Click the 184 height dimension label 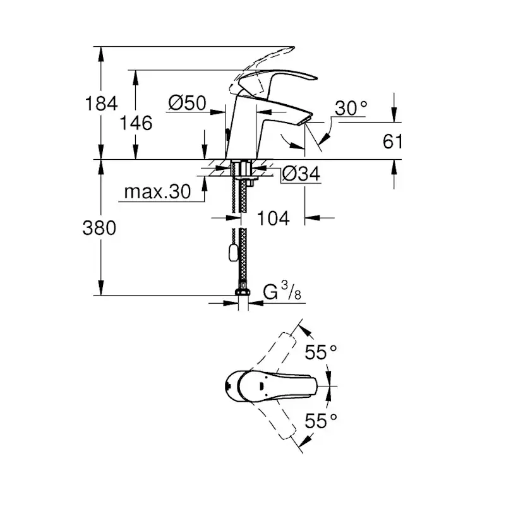(101, 103)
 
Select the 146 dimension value (137, 123)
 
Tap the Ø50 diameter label (188, 103)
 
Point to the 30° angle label (351, 108)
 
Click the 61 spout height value (392, 141)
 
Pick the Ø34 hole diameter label (300, 173)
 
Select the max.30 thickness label (157, 192)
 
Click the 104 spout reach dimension (274, 218)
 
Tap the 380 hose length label (100, 228)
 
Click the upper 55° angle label (321, 352)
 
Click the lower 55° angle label (321, 420)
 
